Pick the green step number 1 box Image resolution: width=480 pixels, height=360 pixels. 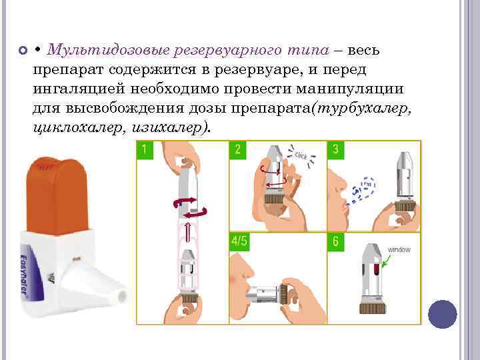(145, 149)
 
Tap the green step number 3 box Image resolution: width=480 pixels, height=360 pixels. (335, 149)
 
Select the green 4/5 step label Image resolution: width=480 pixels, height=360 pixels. (239, 241)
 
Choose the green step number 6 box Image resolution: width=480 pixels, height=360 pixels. (335, 241)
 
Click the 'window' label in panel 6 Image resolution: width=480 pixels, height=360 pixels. (399, 250)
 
